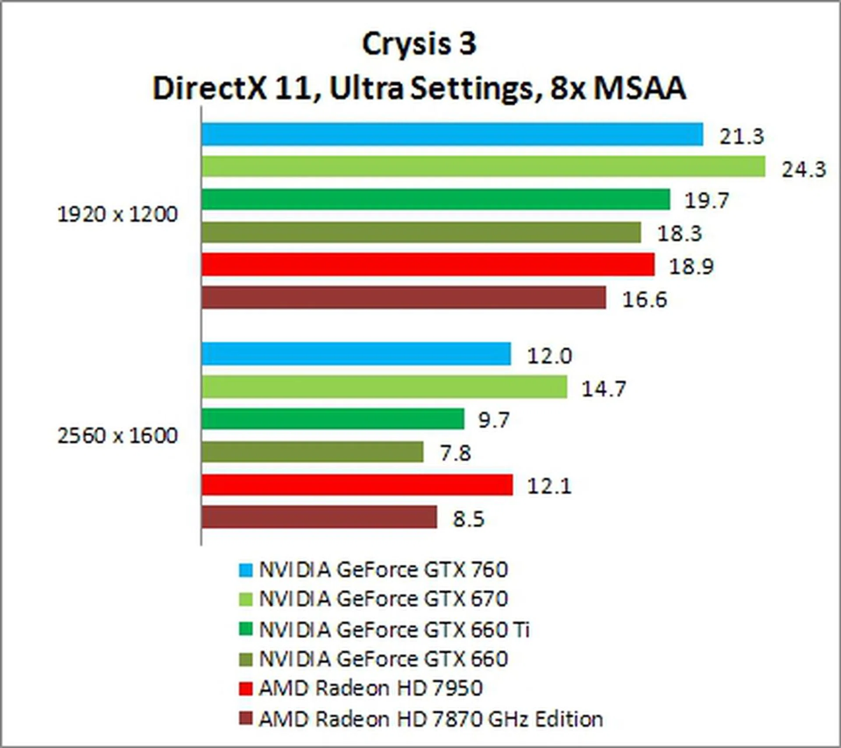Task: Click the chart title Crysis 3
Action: coord(419,45)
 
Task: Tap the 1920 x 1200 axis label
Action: coord(117,215)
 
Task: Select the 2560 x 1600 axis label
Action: coord(117,436)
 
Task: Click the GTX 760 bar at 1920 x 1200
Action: coord(452,134)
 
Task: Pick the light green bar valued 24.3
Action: coord(483,167)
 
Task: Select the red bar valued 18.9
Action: coord(428,264)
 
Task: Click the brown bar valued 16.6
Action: coord(403,298)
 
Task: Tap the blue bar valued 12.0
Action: coord(356,354)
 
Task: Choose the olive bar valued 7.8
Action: coord(312,452)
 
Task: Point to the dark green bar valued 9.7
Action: coord(333,419)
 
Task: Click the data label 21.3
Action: coord(742,137)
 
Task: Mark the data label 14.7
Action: coord(603,389)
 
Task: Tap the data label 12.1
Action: coord(549,486)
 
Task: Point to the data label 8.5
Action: coord(468,519)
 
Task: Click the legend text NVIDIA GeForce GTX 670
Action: coord(383,599)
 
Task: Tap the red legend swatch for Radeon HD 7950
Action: coord(246,689)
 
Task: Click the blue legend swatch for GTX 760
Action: coord(246,570)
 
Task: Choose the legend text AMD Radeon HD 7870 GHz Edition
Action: coord(431,720)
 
